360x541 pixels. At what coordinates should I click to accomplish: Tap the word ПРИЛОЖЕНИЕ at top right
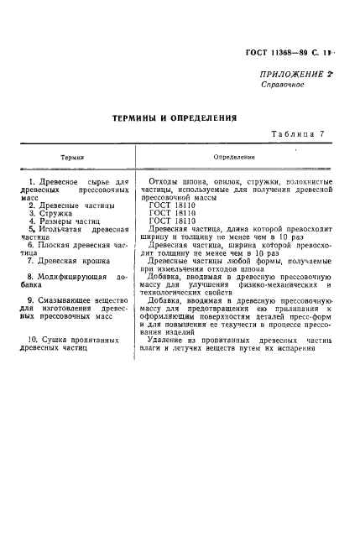click(x=283, y=75)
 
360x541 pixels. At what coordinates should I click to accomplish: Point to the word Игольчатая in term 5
click(x=63, y=229)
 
